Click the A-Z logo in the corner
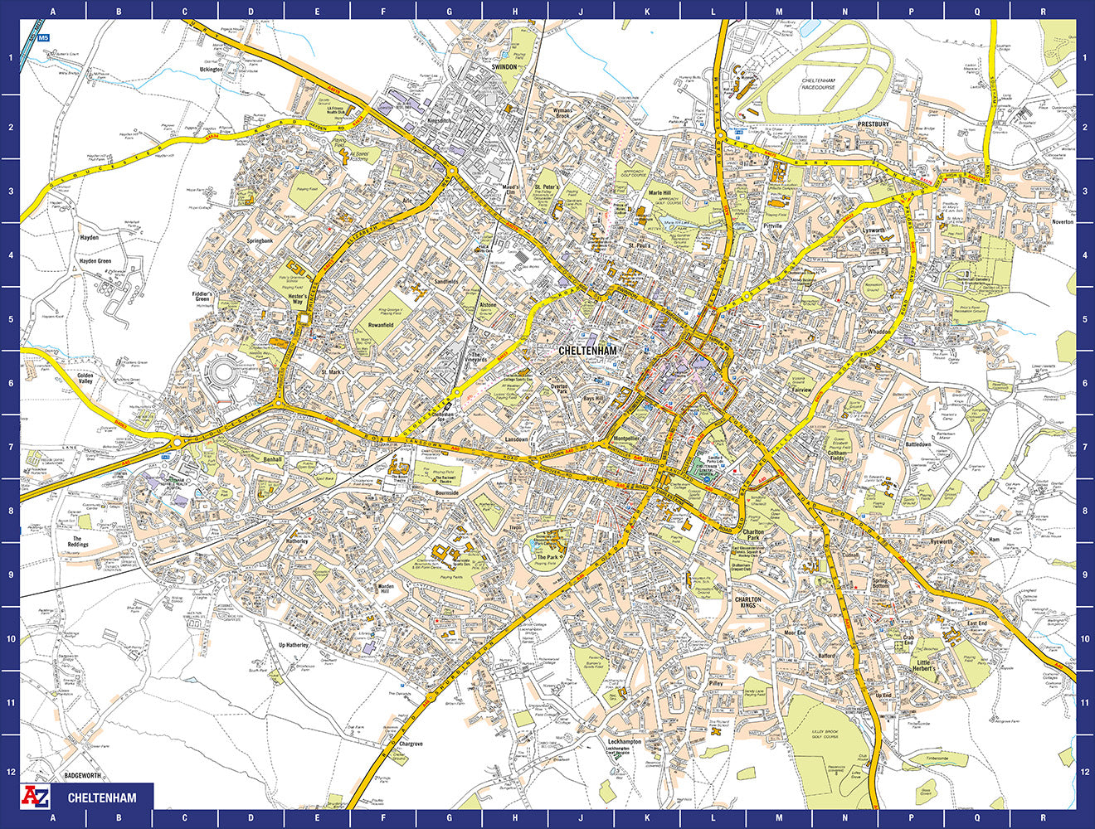click(x=37, y=797)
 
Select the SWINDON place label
click(x=504, y=67)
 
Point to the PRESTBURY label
click(x=874, y=124)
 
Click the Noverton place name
click(x=1063, y=222)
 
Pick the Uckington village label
click(x=212, y=70)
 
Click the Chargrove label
click(x=411, y=744)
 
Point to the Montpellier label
click(x=625, y=439)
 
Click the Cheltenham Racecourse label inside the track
click(x=818, y=83)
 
